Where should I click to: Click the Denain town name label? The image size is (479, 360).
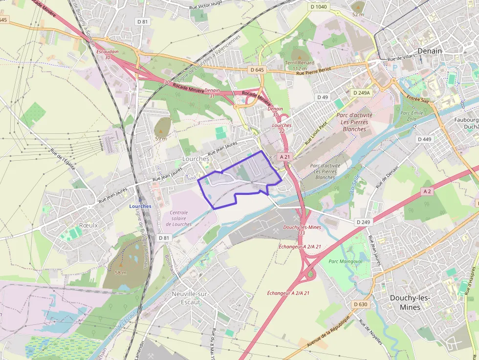[x=429, y=51]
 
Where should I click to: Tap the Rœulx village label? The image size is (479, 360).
[x=88, y=225]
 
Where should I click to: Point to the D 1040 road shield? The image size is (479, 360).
[x=319, y=7]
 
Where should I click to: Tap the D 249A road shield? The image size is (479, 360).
[x=362, y=92]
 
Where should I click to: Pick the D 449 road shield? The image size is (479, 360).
[x=424, y=139]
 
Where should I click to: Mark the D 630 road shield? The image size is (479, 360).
[x=360, y=304]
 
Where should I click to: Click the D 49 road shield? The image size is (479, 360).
[x=322, y=97]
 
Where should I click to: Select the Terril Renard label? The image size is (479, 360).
[x=300, y=63]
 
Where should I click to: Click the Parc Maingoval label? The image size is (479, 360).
[x=346, y=261]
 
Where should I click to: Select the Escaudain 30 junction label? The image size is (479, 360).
[x=107, y=54]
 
